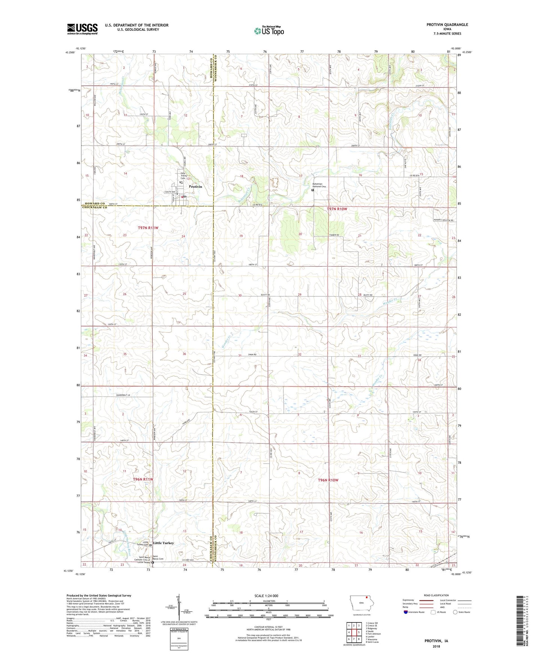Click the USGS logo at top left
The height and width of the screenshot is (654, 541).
[x=82, y=28]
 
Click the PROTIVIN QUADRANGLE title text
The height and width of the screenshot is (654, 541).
[x=447, y=25]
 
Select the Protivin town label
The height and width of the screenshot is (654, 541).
[x=195, y=187]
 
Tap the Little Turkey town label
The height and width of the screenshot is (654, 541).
[x=164, y=543]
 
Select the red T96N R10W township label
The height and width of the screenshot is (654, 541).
[x=328, y=480]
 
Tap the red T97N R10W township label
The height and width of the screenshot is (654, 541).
[x=337, y=209]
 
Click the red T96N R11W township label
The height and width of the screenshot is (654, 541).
[x=143, y=479]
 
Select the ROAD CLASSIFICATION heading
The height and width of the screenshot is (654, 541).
[x=436, y=595]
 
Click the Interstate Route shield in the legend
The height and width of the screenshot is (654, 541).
[x=406, y=612]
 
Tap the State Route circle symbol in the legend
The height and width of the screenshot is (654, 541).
[x=455, y=612]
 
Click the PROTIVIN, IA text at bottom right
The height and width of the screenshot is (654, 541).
[x=436, y=641]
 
